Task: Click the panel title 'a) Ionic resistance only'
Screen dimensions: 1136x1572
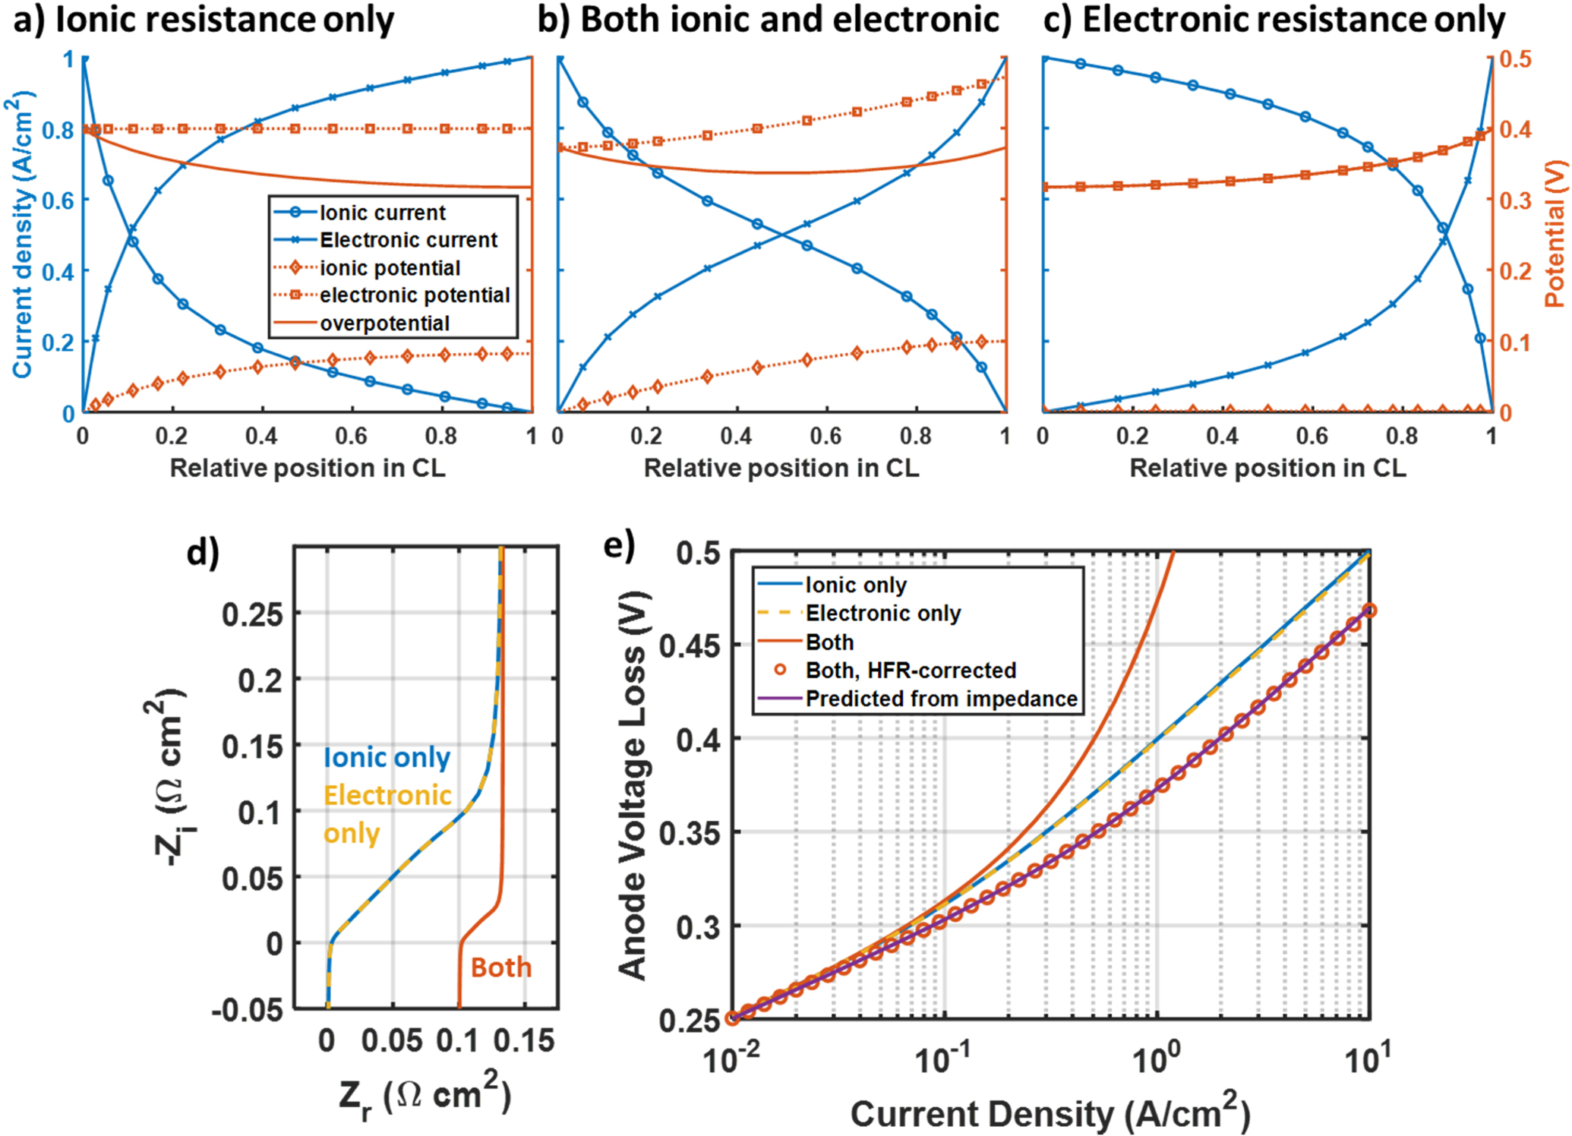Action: point(204,21)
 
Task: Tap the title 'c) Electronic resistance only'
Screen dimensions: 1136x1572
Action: point(1274,21)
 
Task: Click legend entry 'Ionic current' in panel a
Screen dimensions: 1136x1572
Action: point(382,213)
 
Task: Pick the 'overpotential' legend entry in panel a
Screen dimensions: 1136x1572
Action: point(384,323)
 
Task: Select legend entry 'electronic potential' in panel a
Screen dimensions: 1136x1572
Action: point(414,295)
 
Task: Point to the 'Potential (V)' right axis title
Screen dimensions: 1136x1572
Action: point(1555,234)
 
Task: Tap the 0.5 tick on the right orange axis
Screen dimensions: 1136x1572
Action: point(1514,59)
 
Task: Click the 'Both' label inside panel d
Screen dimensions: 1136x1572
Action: point(500,967)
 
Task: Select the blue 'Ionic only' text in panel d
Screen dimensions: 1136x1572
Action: point(387,758)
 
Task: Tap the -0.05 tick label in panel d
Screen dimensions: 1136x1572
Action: point(247,1011)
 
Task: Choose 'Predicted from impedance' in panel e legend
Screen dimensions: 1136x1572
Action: point(941,699)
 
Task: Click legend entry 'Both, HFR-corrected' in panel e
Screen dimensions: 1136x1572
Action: point(910,671)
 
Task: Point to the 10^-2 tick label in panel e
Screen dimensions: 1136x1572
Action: point(731,1059)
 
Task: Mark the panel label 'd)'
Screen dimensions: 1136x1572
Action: point(203,552)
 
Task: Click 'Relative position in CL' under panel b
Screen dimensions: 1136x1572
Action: point(781,468)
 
